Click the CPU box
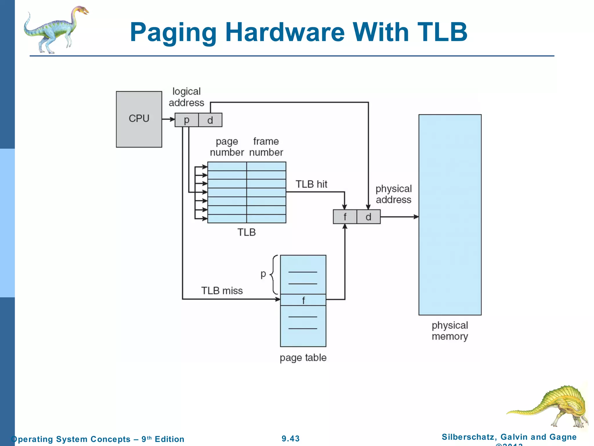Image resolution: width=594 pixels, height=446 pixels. point(139,119)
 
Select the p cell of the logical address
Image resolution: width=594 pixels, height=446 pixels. point(186,120)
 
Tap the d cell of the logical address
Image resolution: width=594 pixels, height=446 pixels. point(210,120)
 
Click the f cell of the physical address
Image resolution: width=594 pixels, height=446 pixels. point(345,217)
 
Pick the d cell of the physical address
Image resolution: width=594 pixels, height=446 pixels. point(368,217)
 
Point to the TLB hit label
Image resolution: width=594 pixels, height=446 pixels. point(311,184)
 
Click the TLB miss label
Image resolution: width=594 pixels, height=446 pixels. point(222,291)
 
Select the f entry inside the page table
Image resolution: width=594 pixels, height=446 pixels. point(303,300)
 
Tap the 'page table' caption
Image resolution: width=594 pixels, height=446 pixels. point(303,357)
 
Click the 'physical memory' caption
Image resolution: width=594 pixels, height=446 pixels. point(450,331)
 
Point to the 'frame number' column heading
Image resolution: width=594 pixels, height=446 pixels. point(266,147)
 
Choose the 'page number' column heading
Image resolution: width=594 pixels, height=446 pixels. point(227,147)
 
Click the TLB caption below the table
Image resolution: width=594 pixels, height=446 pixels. point(247,232)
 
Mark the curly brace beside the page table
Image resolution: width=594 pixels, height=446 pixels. point(273,274)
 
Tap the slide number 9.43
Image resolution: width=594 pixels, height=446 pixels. point(291,438)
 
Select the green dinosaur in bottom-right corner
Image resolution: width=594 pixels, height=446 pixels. point(551,407)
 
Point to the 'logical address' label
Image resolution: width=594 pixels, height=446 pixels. point(186,97)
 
